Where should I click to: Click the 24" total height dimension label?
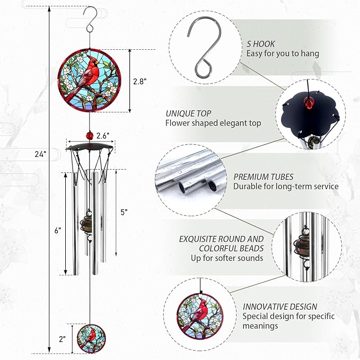(x=38, y=154)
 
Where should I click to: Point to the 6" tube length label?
(x=57, y=231)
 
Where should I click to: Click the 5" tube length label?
(x=124, y=212)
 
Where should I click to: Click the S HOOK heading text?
(x=261, y=44)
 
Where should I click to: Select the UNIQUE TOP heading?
(x=188, y=113)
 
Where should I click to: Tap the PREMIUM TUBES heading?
(x=263, y=177)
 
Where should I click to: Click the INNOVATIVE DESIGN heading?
(x=280, y=306)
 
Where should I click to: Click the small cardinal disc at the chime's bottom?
(x=90, y=337)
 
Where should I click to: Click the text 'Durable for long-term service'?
(x=286, y=186)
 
